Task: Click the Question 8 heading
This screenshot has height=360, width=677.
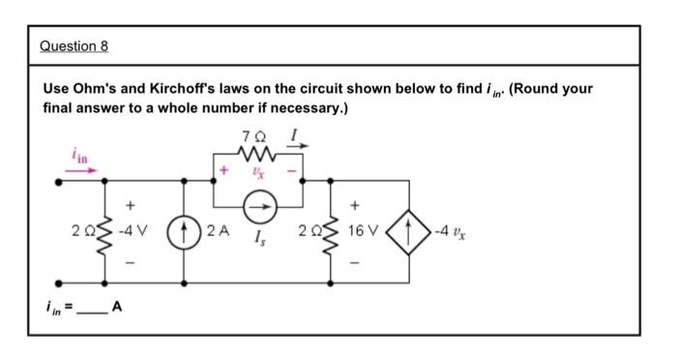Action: click(75, 46)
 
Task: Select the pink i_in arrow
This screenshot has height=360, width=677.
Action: click(81, 169)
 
